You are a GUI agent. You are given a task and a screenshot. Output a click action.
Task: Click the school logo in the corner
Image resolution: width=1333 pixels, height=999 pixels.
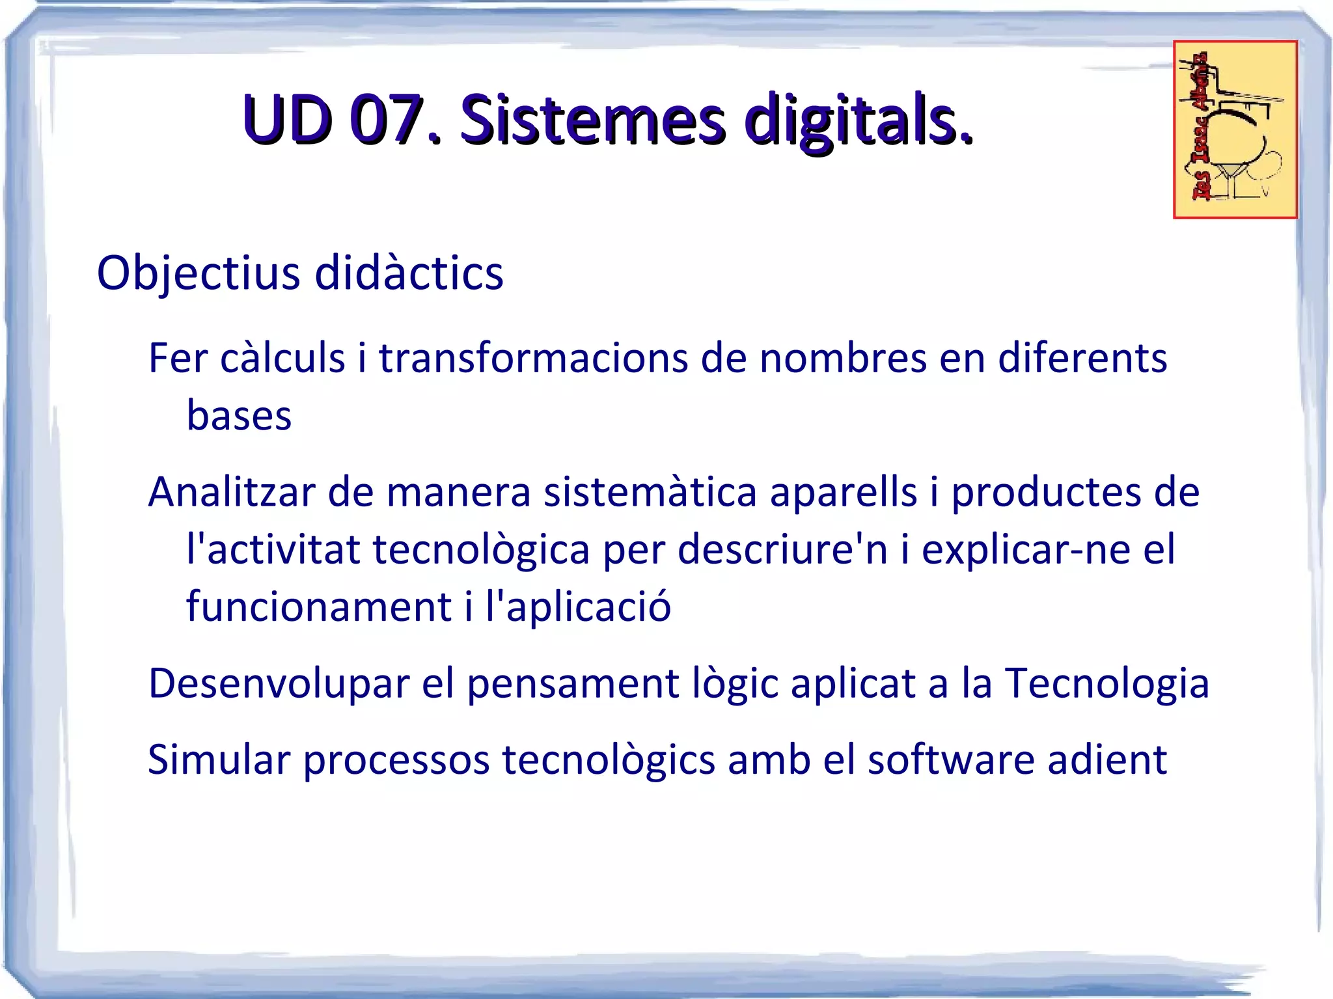coord(1235,130)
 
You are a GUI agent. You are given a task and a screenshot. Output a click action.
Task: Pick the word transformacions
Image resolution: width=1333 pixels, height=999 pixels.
coord(533,358)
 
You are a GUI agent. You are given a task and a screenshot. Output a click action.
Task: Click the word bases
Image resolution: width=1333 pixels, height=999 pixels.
coord(239,415)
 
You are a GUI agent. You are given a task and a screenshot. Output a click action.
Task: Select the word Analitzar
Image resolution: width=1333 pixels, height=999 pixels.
coord(232,492)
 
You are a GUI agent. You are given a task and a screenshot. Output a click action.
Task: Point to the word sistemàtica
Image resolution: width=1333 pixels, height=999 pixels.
coord(650,492)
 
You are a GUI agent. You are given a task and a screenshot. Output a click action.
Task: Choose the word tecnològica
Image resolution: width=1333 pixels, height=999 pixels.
coord(481,549)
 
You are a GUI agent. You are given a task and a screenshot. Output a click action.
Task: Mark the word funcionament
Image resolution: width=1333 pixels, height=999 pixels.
coord(319,607)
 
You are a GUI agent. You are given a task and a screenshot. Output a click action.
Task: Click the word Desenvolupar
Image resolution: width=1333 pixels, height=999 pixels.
coord(279,683)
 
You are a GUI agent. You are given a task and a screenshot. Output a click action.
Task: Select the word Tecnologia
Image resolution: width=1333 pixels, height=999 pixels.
coord(1107,683)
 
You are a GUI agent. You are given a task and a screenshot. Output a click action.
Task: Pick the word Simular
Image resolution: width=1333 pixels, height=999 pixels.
coord(219,760)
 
